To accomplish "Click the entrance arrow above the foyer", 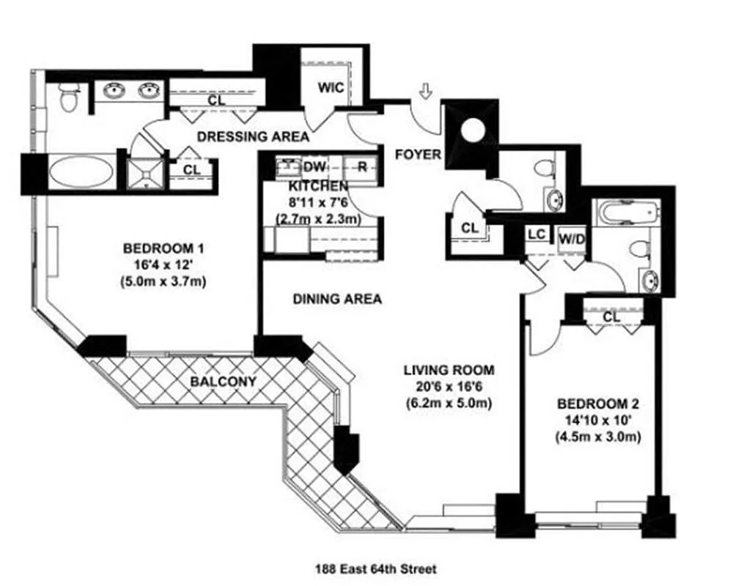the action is (426, 91).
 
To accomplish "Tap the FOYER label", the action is (418, 155).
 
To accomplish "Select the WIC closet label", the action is (331, 88).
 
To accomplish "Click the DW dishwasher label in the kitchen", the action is (314, 167).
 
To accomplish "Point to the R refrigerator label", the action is (362, 167).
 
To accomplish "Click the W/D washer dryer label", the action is (572, 240).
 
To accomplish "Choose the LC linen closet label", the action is (537, 234).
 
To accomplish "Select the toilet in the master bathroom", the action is (70, 97).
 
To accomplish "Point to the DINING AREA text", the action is (337, 299).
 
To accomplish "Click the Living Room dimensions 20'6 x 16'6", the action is (449, 387).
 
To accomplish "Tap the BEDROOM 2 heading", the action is (598, 404).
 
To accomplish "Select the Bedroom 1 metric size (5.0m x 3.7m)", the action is (163, 281).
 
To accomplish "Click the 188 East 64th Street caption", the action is (376, 569).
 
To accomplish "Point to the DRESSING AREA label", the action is (253, 136).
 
